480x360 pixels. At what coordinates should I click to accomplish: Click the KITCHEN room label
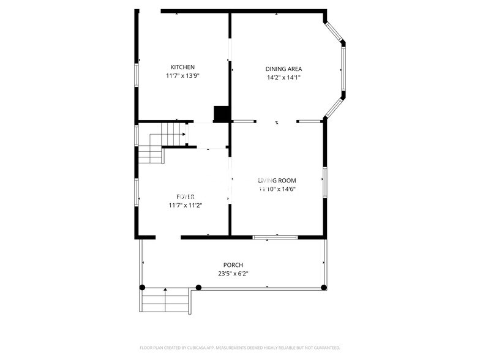[182, 67]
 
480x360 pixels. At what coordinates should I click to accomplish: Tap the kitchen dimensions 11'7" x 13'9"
[182, 76]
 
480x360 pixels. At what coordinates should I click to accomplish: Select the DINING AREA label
[283, 69]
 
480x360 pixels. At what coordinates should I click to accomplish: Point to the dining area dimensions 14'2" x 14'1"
[283, 78]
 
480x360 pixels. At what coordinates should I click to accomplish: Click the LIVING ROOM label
[277, 181]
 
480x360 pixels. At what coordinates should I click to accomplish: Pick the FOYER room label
[186, 197]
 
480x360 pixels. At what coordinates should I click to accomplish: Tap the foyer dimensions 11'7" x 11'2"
[186, 205]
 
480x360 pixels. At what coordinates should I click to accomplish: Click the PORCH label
[233, 265]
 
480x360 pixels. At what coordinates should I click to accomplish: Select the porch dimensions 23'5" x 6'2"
[233, 274]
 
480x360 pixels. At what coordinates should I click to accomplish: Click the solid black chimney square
[221, 114]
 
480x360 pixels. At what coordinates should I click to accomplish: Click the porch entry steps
[165, 301]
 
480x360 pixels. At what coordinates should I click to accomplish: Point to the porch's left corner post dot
[142, 287]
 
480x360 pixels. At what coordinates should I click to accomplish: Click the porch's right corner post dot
[324, 287]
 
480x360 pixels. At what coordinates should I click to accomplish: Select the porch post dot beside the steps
[198, 287]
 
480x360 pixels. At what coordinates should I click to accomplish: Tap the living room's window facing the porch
[276, 237]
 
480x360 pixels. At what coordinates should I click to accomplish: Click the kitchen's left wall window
[137, 73]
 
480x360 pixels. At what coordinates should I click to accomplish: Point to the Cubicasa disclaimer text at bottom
[239, 347]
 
